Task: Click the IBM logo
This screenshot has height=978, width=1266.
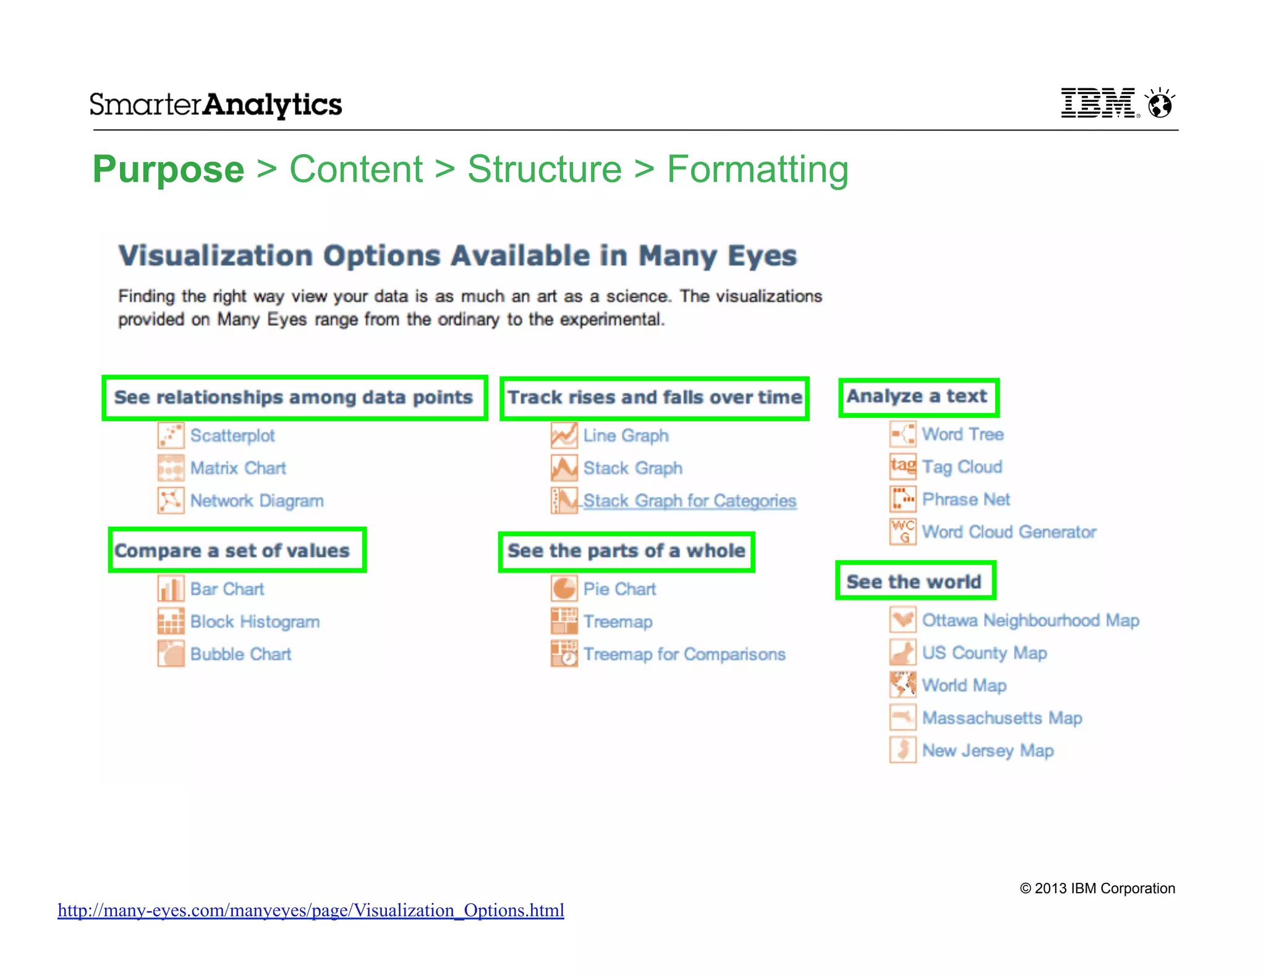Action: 1098,103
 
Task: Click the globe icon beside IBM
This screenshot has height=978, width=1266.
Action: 1160,104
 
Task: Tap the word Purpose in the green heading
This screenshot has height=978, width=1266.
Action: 168,169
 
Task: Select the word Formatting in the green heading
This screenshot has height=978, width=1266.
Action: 757,169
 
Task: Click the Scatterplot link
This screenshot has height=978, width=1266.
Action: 232,436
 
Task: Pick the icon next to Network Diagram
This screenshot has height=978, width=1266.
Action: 171,501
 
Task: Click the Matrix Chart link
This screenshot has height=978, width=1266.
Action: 238,469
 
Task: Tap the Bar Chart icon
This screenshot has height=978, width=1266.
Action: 171,589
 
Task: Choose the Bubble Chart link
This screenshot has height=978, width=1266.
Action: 240,655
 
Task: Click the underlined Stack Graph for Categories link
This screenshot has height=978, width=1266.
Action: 689,501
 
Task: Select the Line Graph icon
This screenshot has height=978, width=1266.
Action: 564,436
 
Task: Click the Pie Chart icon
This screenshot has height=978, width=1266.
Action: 564,589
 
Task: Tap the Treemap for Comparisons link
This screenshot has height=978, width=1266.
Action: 684,655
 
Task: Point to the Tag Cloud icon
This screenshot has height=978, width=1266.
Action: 903,467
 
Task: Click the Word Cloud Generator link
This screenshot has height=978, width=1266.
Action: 1009,532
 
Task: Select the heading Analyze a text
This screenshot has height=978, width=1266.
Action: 917,396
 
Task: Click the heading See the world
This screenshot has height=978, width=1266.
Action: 914,582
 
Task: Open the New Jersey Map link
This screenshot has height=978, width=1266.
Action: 988,751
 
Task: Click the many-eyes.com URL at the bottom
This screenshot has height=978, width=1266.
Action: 311,911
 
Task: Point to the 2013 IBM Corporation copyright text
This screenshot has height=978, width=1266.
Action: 1097,889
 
